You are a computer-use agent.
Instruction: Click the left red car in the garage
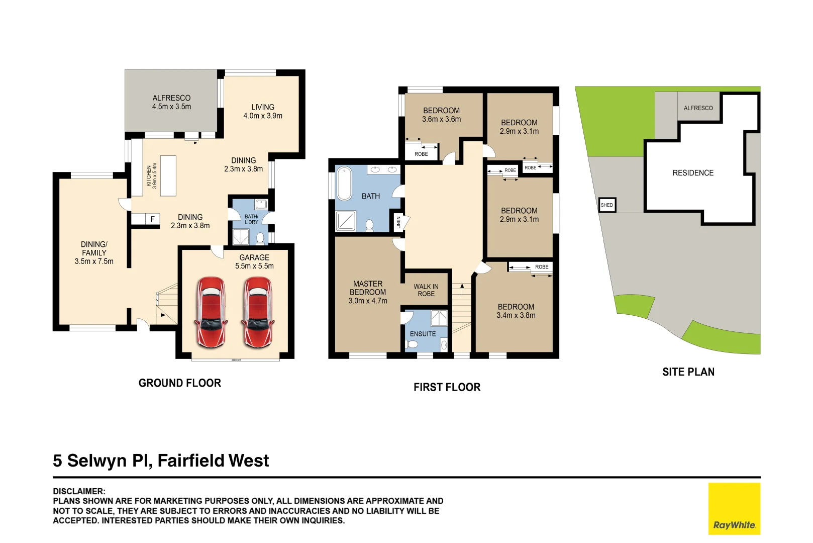(211, 312)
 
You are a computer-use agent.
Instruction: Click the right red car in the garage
(258, 312)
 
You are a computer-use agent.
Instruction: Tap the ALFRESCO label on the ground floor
(171, 102)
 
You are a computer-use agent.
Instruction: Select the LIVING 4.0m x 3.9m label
(263, 111)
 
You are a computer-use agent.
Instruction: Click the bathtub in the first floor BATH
(344, 184)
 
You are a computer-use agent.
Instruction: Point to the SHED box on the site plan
(607, 205)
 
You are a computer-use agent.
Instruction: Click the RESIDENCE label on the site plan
(693, 173)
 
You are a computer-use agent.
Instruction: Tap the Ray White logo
(734, 509)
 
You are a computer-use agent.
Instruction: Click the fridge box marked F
(152, 219)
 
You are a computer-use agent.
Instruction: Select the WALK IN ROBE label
(426, 290)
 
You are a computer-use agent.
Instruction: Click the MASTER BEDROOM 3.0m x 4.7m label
(368, 292)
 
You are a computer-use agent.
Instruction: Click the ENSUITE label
(423, 334)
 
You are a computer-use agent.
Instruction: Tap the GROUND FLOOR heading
(179, 383)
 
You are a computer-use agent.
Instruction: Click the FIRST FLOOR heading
(447, 387)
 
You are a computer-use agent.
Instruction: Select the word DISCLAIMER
(79, 491)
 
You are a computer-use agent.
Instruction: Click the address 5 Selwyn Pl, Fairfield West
(161, 461)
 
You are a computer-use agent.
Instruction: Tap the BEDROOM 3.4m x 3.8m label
(516, 311)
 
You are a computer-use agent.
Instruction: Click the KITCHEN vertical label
(151, 175)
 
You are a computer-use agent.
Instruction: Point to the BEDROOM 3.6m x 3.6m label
(441, 115)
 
